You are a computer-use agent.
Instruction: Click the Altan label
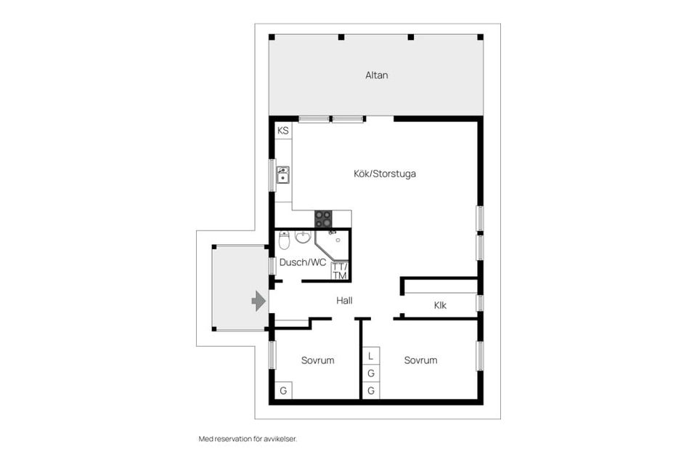point(376,75)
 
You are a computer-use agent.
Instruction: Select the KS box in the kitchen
point(283,132)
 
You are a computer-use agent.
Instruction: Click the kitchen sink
point(283,174)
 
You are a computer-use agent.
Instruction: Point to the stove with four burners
point(323,219)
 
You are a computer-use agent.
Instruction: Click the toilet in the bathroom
point(285,239)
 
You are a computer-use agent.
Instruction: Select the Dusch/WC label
point(303,262)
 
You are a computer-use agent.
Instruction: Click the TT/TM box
point(339,271)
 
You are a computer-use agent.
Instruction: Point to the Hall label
point(345,300)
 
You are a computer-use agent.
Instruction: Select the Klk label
point(440,306)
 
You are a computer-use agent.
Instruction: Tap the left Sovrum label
point(317,360)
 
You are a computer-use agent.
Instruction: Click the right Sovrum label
point(421,360)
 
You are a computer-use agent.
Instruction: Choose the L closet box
point(371,356)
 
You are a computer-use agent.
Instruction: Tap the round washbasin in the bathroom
point(303,238)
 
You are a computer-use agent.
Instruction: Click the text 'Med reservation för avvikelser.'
point(248,439)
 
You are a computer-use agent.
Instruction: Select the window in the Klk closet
point(479,303)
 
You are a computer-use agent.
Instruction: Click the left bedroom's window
point(272,356)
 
